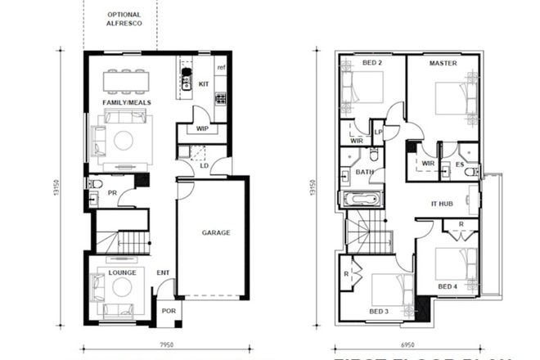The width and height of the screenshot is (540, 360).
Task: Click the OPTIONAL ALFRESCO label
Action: [x=124, y=20]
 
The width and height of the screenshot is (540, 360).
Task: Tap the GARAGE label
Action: [x=216, y=232]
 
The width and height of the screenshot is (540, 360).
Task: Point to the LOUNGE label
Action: [x=122, y=271]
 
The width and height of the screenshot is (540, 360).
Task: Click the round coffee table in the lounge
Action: [x=123, y=286]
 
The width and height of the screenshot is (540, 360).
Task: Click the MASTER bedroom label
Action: [x=443, y=63]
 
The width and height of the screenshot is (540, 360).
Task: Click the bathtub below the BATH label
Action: [x=361, y=199]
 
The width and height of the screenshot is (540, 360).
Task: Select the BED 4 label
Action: [x=447, y=286]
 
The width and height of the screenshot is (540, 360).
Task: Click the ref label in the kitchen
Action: [x=221, y=67]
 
